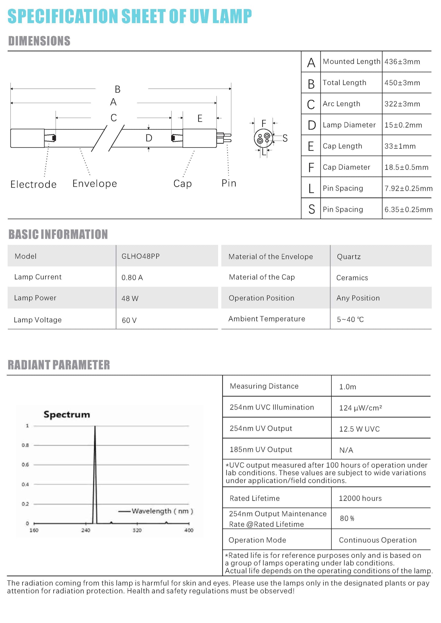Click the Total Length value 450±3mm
click(x=402, y=83)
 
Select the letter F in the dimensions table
click(x=311, y=167)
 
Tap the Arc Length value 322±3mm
click(x=402, y=104)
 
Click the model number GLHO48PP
click(x=140, y=256)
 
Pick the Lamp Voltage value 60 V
click(x=129, y=320)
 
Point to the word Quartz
click(x=349, y=257)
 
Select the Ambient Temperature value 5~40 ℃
click(x=350, y=320)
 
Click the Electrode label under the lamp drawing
click(x=34, y=184)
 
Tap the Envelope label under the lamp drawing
click(x=95, y=184)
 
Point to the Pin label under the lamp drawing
click(x=229, y=183)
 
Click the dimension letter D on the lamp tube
click(x=149, y=138)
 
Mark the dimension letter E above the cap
click(x=200, y=118)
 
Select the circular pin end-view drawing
click(x=263, y=138)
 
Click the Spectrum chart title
click(x=67, y=414)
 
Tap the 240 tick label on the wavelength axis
click(x=86, y=530)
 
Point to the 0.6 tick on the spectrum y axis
click(x=25, y=465)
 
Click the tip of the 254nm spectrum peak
click(x=95, y=426)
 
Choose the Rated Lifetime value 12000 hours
click(x=360, y=498)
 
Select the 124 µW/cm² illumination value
click(x=360, y=408)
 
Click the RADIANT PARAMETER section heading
click(x=59, y=365)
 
